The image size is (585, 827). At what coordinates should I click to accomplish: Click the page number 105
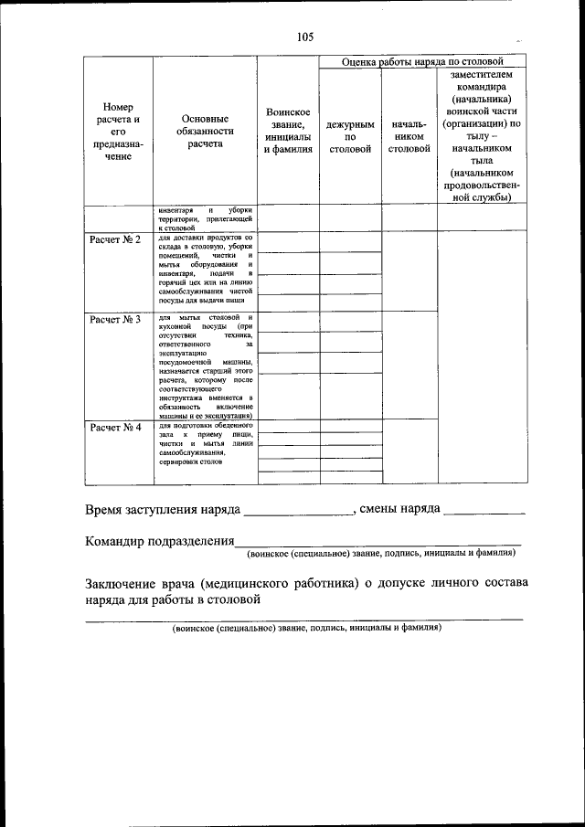click(304, 37)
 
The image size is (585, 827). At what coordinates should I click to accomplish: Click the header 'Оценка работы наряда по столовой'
click(423, 61)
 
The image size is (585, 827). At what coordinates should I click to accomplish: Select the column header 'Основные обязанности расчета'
click(206, 131)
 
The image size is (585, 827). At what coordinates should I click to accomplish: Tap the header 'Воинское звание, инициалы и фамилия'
click(288, 131)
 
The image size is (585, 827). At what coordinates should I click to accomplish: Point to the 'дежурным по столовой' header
click(350, 136)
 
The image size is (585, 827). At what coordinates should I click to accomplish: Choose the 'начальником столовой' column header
click(409, 136)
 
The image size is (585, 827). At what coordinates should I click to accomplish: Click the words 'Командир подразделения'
click(161, 541)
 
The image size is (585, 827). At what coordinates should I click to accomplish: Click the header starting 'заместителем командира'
click(482, 134)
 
